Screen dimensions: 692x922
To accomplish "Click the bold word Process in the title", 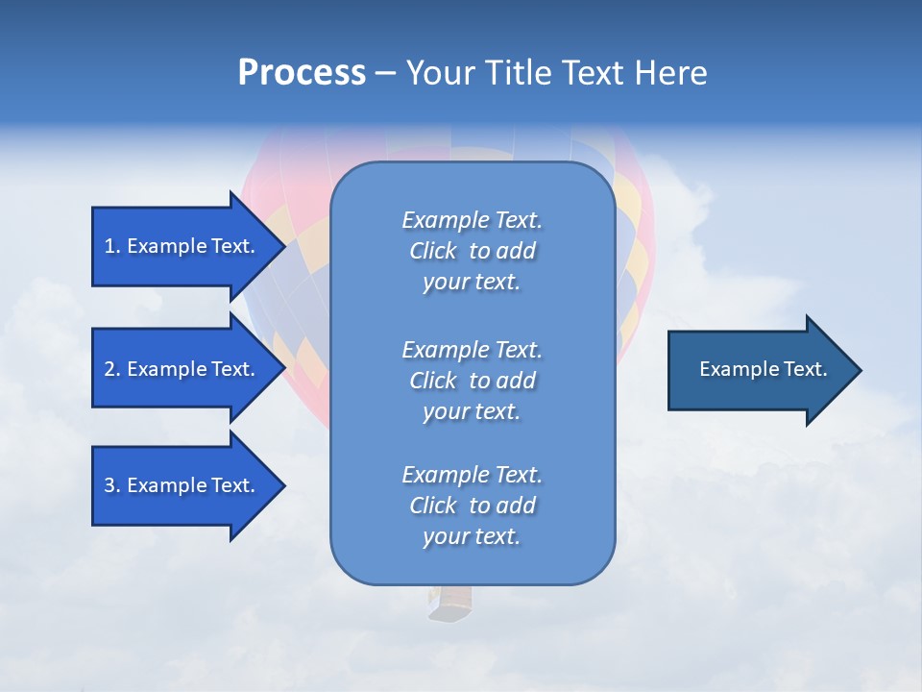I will [302, 73].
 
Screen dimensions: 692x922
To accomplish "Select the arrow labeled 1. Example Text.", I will [181, 246].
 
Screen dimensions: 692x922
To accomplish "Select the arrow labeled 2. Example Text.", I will [181, 369].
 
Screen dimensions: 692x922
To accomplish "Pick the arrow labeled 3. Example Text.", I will [181, 485].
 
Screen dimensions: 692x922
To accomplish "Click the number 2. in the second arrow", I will [112, 369].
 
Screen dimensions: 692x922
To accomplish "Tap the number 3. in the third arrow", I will [112, 485].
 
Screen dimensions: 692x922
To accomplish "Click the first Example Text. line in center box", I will [472, 220].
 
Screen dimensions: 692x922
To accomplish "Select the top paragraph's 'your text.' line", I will [472, 282].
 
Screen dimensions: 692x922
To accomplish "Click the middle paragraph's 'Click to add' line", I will [472, 381].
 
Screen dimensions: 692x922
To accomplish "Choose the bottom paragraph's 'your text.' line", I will [472, 536].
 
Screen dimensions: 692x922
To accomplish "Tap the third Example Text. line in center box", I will [472, 475].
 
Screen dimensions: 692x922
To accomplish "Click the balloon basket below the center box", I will [450, 604].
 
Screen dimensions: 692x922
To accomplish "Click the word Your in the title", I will [439, 73].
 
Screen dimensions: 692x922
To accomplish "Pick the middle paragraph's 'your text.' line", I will [472, 411].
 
